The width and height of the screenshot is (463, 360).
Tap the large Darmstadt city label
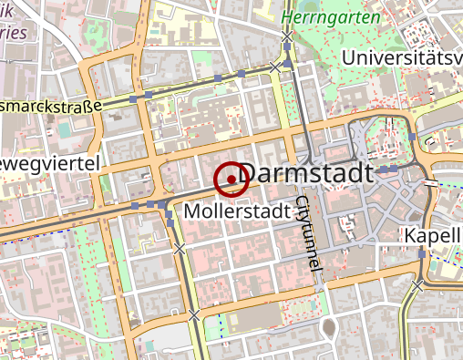click(310, 173)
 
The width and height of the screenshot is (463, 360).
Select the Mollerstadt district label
click(237, 211)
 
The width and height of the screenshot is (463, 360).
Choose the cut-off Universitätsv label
click(401, 58)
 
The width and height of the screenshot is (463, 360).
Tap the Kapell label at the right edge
click(434, 236)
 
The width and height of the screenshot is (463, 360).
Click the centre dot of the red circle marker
click(231, 180)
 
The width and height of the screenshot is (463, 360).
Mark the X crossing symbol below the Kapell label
click(417, 285)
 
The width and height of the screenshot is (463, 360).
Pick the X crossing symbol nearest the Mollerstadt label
click(180, 248)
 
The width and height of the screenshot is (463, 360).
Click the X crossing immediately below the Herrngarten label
click(287, 36)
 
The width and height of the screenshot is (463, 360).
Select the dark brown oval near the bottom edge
click(330, 328)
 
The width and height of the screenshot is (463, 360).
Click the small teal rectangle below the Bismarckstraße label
click(66, 129)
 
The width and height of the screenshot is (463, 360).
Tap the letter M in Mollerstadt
click(191, 211)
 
